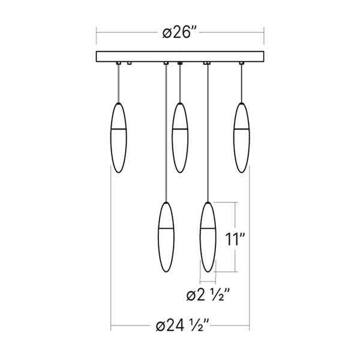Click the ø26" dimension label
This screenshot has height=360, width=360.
[180, 33]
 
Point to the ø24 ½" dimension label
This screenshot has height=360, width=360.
[182, 325]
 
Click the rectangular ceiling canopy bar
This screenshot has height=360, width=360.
[180, 57]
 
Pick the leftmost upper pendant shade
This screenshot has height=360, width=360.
[118, 137]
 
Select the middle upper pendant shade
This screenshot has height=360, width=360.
[180, 137]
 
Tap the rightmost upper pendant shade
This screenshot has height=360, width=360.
[242, 137]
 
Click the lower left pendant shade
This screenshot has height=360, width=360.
[166, 237]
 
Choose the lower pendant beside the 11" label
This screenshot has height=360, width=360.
[208, 237]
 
